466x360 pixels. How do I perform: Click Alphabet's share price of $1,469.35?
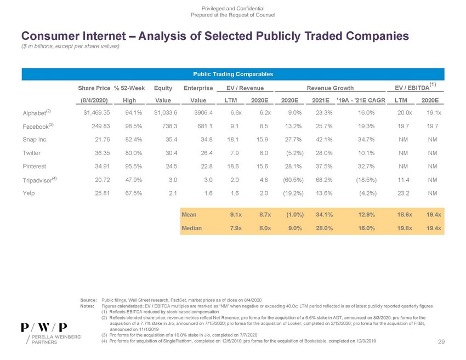tap(96, 113)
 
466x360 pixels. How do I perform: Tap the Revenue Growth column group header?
tap(330, 88)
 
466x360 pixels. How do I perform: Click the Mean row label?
tap(189, 215)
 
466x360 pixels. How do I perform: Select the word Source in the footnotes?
tap(88, 301)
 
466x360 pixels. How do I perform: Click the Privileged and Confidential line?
tap(233, 8)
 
